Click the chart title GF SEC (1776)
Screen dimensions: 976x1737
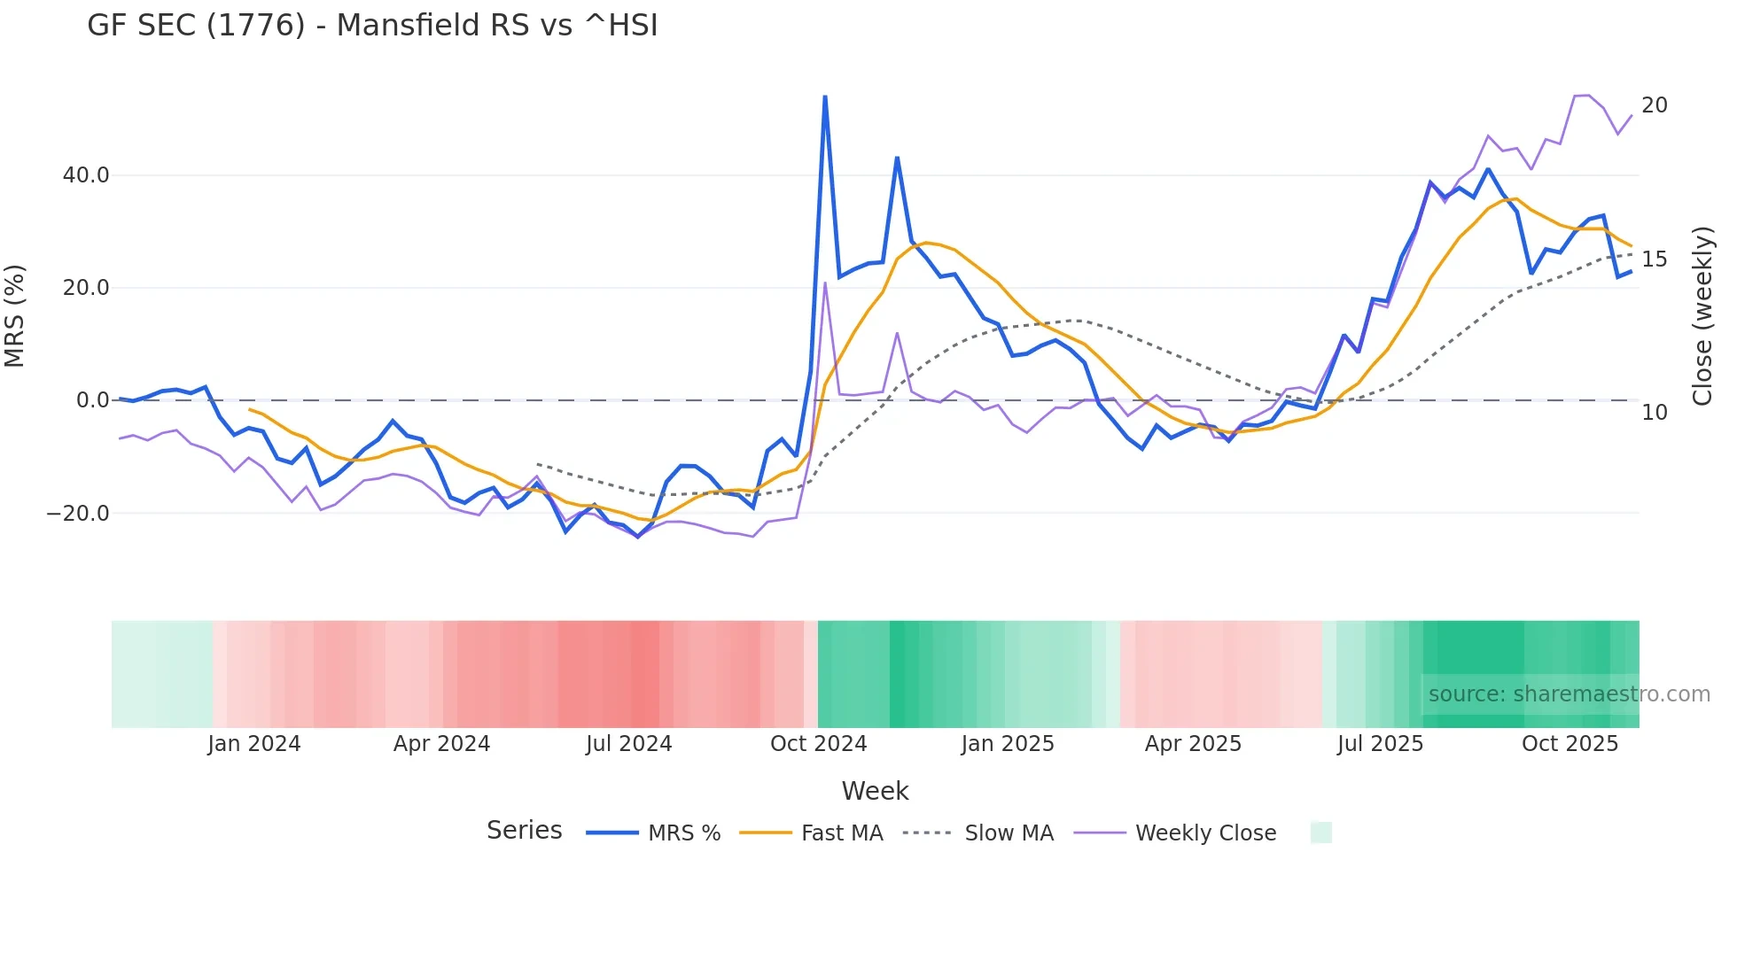[x=372, y=26]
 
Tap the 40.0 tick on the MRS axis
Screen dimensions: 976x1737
[x=86, y=175]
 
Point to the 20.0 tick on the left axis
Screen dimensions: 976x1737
[x=86, y=288]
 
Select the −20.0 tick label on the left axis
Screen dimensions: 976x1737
[x=78, y=514]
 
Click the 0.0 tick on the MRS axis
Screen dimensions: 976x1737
[x=92, y=400]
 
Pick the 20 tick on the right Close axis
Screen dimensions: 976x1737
[x=1654, y=105]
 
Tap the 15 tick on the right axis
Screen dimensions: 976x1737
[x=1654, y=259]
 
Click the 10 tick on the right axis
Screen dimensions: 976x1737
[x=1654, y=413]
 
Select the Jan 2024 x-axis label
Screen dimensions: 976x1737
[x=254, y=744]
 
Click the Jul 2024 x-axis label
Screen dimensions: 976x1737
[x=629, y=744]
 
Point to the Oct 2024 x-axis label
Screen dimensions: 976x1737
[x=818, y=744]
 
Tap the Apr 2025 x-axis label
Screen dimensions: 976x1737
[x=1193, y=744]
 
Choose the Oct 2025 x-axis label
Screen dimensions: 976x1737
[x=1570, y=744]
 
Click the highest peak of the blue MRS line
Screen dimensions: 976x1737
[x=825, y=97]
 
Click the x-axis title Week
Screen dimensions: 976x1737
[x=875, y=791]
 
